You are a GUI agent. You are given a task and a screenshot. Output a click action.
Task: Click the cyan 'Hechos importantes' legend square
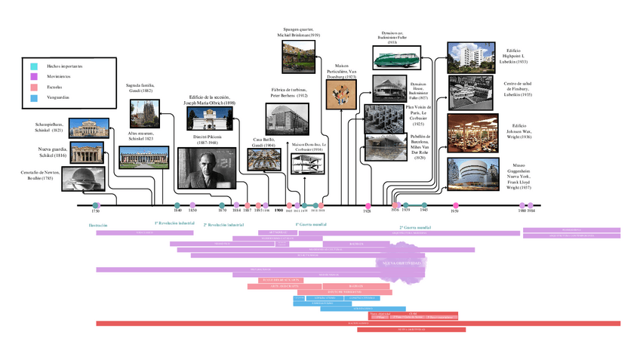34,66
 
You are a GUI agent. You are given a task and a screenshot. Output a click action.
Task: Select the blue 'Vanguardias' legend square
34,97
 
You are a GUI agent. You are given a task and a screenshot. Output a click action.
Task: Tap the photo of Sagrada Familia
144,113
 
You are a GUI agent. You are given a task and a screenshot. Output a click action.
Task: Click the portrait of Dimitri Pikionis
207,168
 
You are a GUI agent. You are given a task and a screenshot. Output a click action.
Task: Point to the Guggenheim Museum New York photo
472,173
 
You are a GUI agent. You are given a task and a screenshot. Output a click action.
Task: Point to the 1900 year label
278,211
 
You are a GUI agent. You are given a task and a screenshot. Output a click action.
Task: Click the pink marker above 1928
368,205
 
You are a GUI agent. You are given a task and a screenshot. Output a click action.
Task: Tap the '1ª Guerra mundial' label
310,224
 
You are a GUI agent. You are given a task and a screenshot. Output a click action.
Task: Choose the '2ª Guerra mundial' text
415,226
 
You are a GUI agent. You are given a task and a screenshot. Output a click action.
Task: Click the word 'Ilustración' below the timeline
98,225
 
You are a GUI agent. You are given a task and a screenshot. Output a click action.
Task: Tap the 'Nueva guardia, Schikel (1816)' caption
48,153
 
